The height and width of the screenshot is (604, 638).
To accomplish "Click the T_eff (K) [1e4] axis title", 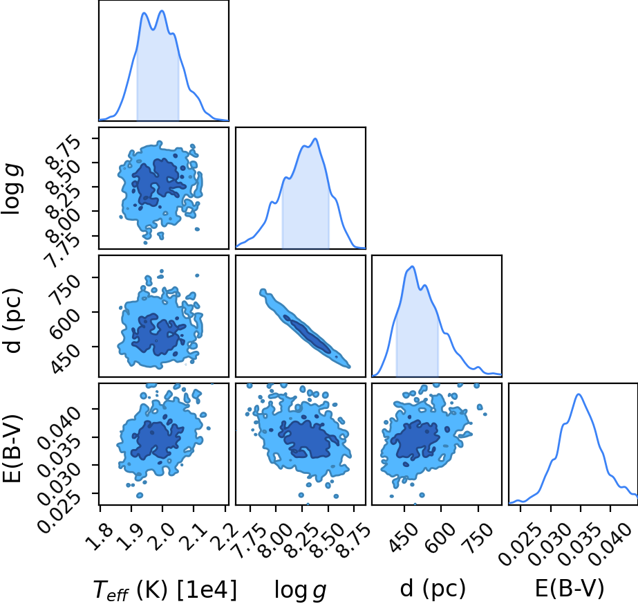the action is coord(165,589).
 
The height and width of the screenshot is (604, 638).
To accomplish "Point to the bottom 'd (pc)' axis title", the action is coord(433,589).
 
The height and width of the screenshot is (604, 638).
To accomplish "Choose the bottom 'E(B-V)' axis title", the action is coord(570,589).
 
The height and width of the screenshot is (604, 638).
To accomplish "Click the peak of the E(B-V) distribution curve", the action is coord(579,394).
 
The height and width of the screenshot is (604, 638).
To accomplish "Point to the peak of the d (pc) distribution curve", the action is coord(413,267).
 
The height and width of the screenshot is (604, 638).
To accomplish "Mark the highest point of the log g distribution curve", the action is coord(315,139).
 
